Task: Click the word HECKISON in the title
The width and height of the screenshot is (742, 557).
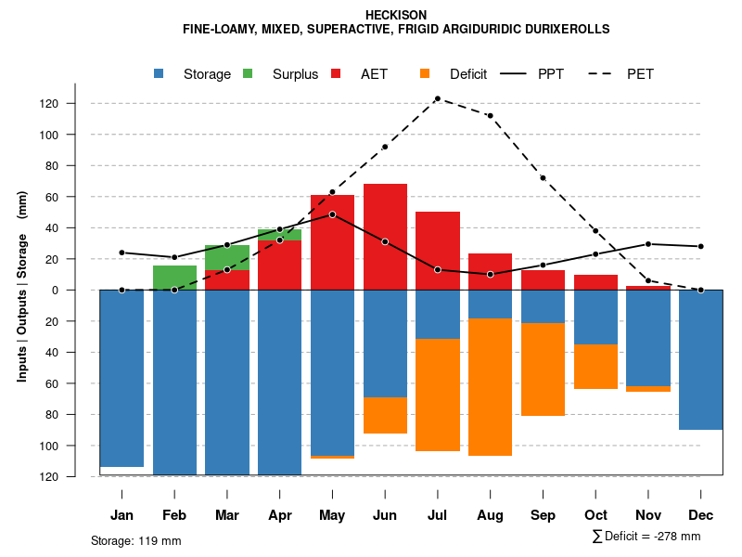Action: (396, 15)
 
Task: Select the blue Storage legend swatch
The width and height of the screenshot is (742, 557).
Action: (160, 73)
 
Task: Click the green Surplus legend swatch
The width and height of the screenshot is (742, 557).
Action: (248, 73)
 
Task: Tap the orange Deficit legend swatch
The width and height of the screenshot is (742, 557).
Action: (425, 73)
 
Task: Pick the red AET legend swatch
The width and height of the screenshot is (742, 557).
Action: (336, 73)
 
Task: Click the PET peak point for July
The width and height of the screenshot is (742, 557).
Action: (437, 98)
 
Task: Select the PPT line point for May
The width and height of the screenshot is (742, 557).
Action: (332, 214)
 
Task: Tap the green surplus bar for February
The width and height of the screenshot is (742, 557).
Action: (174, 278)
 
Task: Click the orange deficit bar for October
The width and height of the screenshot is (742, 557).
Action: (595, 367)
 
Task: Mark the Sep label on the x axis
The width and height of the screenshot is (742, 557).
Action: (543, 515)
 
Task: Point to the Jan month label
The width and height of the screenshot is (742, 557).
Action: (122, 515)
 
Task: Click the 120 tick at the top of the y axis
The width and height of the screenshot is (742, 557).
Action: (74, 104)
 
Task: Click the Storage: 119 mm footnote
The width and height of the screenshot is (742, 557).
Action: (135, 540)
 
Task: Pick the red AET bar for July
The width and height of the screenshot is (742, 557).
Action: (438, 251)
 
